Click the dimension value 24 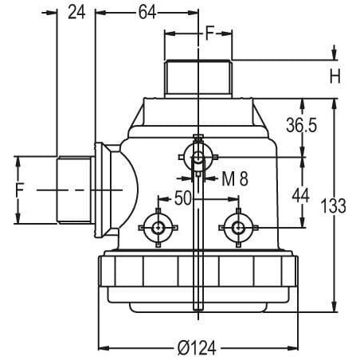(x=76, y=13)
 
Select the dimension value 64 (x=147, y=13)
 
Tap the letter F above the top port (x=209, y=33)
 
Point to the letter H (x=335, y=76)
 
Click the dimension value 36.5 (x=301, y=125)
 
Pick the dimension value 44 (x=300, y=196)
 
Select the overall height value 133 (x=333, y=206)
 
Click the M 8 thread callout (x=235, y=178)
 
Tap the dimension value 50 (x=182, y=198)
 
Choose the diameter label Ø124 (x=197, y=348)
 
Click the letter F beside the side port (x=20, y=190)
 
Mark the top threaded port (x=198, y=79)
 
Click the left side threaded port (x=74, y=190)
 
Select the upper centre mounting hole (x=198, y=157)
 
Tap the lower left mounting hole (x=158, y=228)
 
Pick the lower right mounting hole (x=238, y=228)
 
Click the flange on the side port (x=100, y=190)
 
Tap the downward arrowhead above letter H (x=335, y=54)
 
